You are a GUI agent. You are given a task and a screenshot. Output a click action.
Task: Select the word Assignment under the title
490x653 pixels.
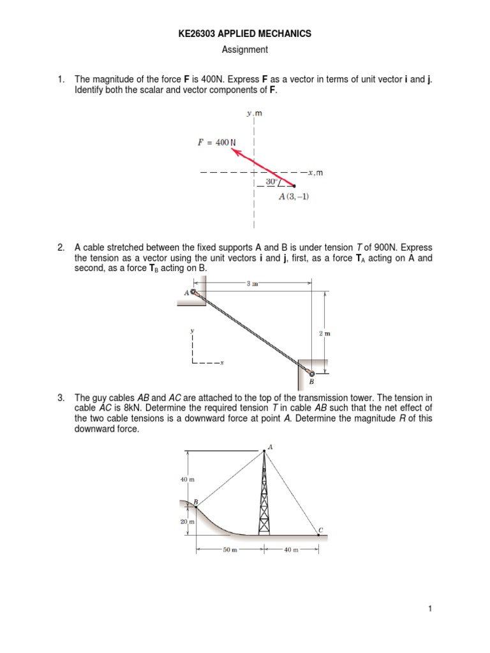pos(244,49)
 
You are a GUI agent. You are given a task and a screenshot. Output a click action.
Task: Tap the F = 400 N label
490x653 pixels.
pos(216,142)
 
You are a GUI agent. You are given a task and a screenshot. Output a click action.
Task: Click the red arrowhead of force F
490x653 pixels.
pos(235,152)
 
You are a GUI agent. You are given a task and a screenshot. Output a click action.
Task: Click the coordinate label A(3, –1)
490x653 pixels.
pos(293,196)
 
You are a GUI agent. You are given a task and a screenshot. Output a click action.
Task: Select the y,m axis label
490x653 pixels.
pos(255,114)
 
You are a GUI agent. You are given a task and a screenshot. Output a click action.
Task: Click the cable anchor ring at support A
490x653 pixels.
pos(194,292)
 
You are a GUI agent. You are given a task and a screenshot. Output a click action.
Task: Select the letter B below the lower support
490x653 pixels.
pos(312,383)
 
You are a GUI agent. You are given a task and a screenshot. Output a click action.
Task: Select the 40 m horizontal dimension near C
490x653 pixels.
pos(290,549)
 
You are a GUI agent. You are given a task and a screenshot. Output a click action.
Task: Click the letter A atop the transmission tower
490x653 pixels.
pos(270,447)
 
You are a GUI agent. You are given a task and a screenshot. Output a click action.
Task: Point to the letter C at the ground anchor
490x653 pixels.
pos(321,529)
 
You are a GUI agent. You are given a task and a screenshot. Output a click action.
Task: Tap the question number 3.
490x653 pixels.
pos(60,399)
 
